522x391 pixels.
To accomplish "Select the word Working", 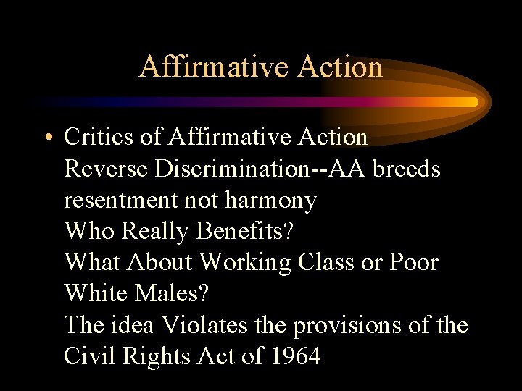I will tap(245, 263).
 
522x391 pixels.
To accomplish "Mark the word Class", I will tap(327, 262).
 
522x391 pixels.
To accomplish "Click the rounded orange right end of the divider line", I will tap(473, 102).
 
